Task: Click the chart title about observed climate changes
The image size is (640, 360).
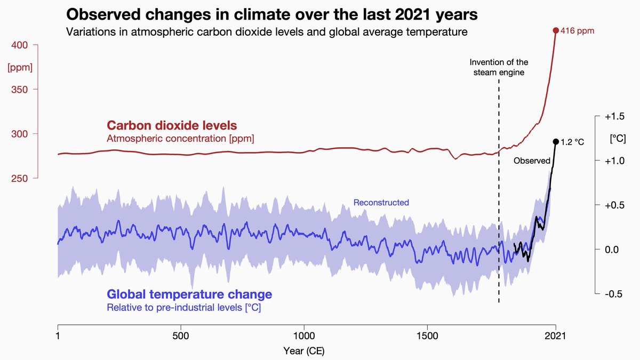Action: [x=271, y=14]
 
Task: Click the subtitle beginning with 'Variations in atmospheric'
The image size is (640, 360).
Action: [x=267, y=32]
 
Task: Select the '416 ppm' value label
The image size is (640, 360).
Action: [x=578, y=31]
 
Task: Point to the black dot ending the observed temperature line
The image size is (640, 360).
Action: [x=555, y=141]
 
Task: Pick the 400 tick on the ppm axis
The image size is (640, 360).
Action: [x=20, y=45]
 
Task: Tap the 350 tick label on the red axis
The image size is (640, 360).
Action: [x=20, y=89]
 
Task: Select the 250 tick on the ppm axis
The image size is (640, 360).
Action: [x=20, y=178]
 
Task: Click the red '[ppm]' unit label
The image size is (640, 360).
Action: [x=20, y=68]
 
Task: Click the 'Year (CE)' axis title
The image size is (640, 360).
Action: [x=304, y=351]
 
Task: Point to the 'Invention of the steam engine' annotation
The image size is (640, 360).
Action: [x=499, y=67]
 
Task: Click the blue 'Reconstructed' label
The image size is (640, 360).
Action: [x=381, y=203]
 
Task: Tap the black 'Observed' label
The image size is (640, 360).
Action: [x=531, y=161]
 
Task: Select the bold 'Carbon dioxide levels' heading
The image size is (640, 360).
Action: [x=172, y=126]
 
